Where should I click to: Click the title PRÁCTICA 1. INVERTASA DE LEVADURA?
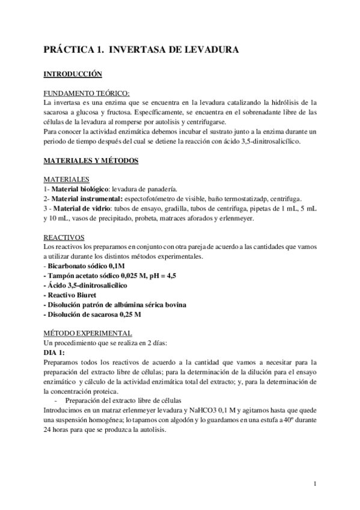(x=142, y=51)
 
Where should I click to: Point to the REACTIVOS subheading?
(x=65, y=238)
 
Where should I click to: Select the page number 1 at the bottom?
(x=315, y=484)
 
